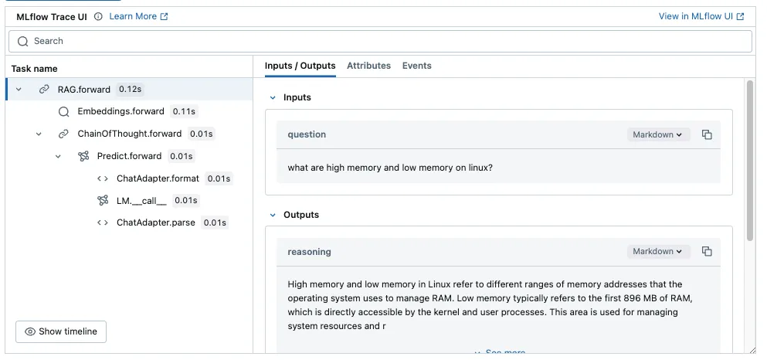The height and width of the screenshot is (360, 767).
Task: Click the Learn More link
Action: point(138,17)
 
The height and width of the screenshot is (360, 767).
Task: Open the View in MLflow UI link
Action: point(701,16)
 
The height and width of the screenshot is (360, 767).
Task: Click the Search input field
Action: point(380,41)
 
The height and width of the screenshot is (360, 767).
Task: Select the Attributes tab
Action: point(369,66)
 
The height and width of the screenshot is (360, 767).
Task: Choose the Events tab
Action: point(417,66)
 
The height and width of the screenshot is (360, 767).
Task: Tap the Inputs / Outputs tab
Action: point(300,66)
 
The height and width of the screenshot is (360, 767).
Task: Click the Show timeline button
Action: point(61,331)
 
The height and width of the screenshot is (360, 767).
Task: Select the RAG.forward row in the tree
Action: point(83,90)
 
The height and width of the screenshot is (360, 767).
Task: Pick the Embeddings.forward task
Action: point(120,111)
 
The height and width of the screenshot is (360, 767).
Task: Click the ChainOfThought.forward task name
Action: point(129,134)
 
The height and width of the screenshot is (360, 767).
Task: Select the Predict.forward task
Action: point(129,156)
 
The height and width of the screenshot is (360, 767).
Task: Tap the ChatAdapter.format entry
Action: point(158,178)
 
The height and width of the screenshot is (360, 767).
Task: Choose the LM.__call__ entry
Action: point(141,201)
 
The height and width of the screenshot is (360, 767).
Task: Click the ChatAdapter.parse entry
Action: point(155,222)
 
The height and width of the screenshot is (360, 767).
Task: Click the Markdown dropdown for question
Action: point(658,134)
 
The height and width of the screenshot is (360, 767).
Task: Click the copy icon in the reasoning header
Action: point(707,251)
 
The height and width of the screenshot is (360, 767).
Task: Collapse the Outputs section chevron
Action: point(273,215)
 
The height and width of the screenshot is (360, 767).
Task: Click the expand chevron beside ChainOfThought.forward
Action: point(39,134)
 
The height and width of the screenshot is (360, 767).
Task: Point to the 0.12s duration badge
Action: point(131,90)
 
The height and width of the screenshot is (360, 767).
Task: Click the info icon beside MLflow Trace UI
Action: point(98,17)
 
